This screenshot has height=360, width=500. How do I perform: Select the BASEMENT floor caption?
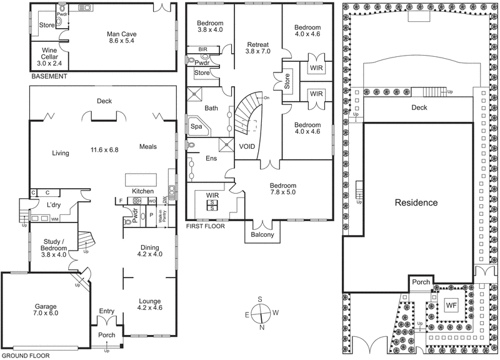(48, 76)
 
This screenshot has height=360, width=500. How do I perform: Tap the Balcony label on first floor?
(262, 235)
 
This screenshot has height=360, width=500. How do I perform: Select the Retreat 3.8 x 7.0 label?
(257, 49)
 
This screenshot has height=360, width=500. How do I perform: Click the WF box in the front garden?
(451, 305)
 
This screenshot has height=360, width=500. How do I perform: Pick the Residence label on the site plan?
(416, 203)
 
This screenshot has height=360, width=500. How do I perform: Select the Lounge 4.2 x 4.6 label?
(150, 304)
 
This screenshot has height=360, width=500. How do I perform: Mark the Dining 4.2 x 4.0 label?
(150, 251)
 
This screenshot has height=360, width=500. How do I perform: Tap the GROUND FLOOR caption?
(26, 354)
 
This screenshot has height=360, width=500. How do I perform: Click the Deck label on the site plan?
(419, 107)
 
